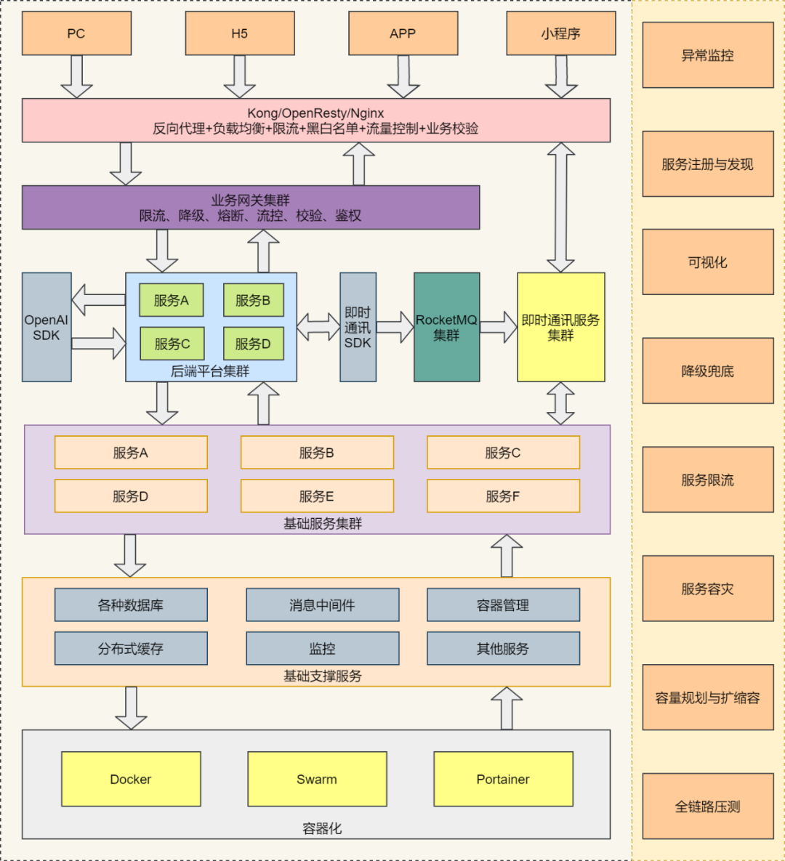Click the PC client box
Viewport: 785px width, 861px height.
coord(76,33)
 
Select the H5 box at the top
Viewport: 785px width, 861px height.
coord(240,33)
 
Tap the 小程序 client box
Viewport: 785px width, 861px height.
coord(560,33)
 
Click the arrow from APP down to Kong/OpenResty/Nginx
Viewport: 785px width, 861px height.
coord(403,77)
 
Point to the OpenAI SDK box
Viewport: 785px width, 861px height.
coord(47,327)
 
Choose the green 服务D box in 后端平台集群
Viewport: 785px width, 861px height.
coord(253,344)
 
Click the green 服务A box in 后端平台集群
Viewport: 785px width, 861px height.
coord(172,300)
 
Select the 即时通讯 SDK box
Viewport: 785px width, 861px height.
coord(358,327)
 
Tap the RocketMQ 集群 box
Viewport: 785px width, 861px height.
coord(446,327)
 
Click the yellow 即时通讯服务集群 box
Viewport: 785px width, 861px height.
coord(560,327)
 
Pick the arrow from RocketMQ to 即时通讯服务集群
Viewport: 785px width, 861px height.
coord(499,327)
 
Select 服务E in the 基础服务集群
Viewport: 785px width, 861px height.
coord(317,496)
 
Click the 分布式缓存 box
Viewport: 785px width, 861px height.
coord(131,648)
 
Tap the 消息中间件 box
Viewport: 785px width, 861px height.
coord(322,605)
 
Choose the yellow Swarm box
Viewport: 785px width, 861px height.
coord(317,779)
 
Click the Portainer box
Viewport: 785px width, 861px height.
coord(503,779)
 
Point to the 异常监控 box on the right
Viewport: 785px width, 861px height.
coord(707,55)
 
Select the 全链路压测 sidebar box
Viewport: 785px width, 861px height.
coord(707,806)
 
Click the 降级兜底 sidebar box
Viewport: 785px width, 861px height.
coord(707,371)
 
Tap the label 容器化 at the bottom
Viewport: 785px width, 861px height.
coord(322,828)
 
